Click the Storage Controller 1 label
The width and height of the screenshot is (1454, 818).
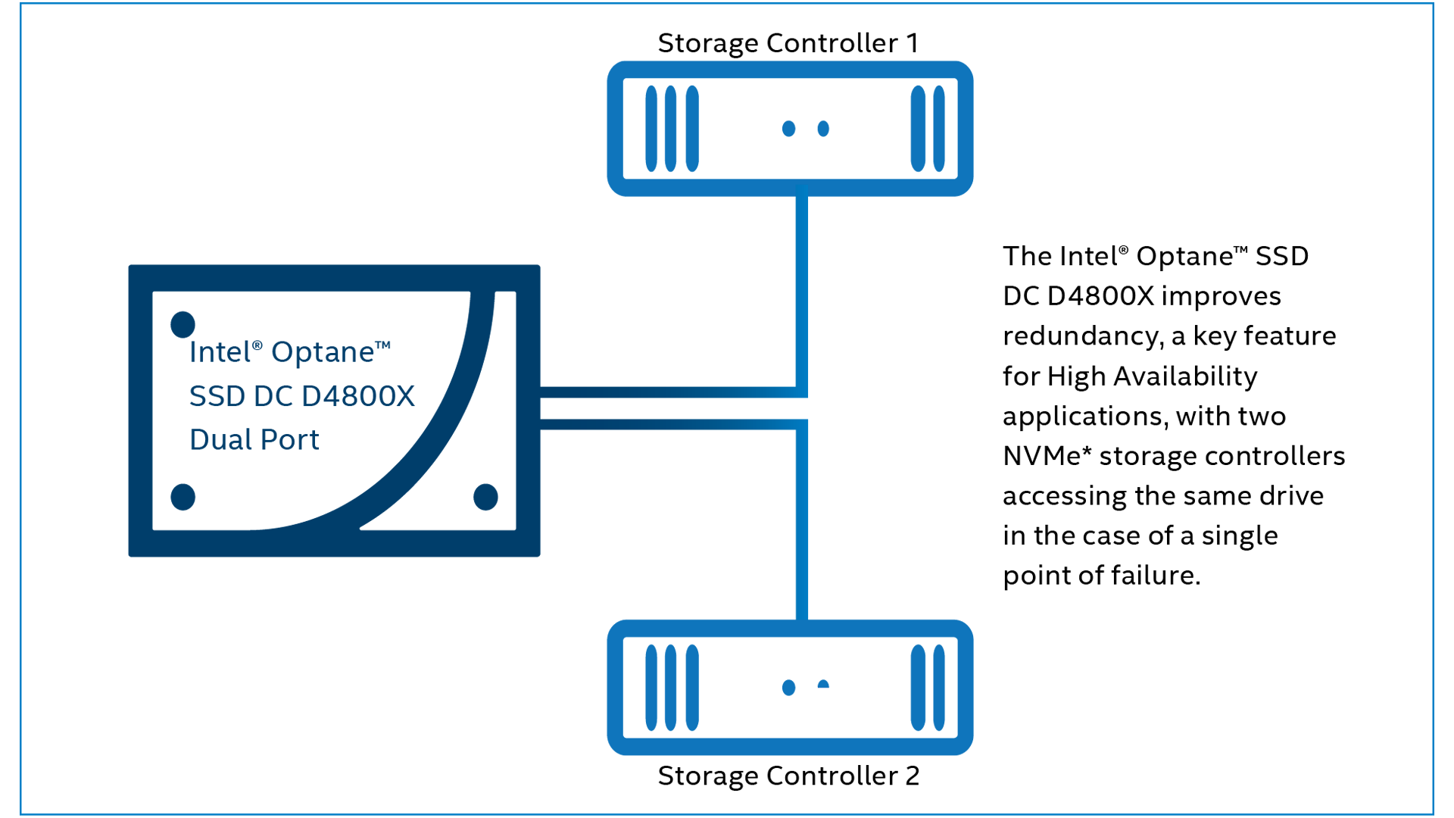click(x=788, y=43)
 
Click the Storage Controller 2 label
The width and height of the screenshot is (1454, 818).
click(x=788, y=776)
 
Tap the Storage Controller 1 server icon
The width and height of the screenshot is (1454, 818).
click(x=790, y=129)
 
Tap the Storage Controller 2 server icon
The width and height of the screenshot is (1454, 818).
click(x=790, y=688)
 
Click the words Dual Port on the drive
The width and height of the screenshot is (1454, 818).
click(x=254, y=440)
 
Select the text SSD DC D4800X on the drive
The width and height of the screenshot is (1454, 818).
click(x=301, y=396)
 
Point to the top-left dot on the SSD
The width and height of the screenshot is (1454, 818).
click(x=183, y=324)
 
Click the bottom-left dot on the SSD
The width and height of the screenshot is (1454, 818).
click(x=183, y=497)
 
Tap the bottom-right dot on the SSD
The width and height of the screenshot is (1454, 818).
click(x=485, y=497)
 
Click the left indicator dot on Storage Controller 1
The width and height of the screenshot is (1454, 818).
click(x=788, y=129)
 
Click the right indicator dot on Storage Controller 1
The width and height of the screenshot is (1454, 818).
click(x=823, y=129)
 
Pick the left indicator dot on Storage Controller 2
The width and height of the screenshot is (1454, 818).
click(x=788, y=688)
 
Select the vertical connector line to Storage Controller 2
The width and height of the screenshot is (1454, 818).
click(x=802, y=523)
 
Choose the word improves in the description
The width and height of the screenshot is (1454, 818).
click(x=1221, y=296)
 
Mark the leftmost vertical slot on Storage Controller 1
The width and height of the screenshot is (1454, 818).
click(x=651, y=129)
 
